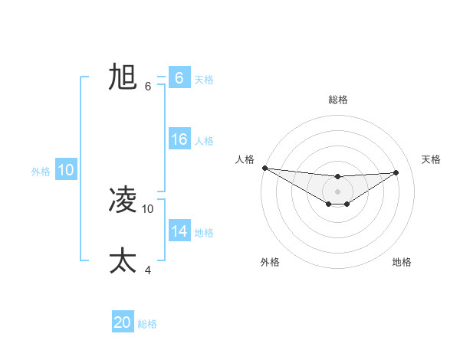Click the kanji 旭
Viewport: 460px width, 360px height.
pos(123,77)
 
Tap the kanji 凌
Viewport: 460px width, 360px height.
pos(123,201)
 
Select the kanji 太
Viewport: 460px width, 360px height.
pos(123,260)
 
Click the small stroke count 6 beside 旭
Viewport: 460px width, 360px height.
pos(148,86)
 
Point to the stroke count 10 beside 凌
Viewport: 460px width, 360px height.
pos(148,208)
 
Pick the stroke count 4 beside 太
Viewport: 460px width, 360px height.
pos(148,269)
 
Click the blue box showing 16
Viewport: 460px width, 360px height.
pos(179,139)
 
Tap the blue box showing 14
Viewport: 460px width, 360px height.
pos(179,231)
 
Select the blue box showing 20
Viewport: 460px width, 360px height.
pos(123,323)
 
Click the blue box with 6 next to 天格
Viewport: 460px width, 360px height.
pos(179,78)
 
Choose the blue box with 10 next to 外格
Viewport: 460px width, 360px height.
pos(66,171)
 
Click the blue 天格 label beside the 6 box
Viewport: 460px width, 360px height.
pos(204,79)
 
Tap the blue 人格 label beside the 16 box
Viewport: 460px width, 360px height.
pos(204,140)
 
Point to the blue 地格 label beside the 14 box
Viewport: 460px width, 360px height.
pos(204,232)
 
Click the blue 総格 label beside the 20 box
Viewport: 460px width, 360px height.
pos(147,324)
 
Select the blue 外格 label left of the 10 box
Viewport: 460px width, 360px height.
pos(41,172)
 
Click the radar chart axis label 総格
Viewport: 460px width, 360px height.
pos(338,100)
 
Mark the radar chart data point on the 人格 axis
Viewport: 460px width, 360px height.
pos(264,167)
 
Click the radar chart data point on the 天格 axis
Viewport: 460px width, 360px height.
pos(396,172)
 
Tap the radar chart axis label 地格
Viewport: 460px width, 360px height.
pos(402,262)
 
